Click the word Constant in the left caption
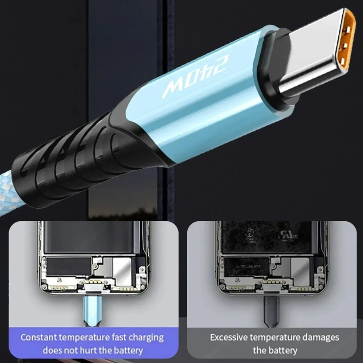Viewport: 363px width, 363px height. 38,337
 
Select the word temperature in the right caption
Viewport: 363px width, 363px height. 278,337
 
